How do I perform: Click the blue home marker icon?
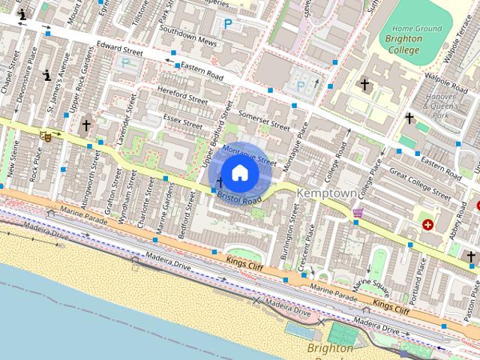[240, 173]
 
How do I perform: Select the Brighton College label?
[403, 44]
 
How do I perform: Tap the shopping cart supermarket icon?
[358, 214]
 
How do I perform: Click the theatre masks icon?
[46, 136]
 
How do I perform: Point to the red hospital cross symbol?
[428, 223]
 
